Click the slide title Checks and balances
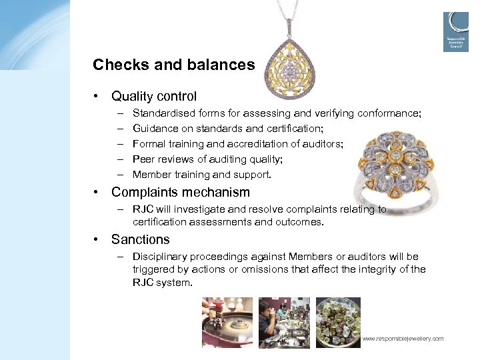tap(173, 65)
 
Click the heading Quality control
tap(154, 97)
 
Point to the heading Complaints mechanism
tap(181, 193)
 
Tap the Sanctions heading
tap(141, 239)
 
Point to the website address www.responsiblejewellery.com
tap(403, 339)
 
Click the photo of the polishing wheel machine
tap(227, 323)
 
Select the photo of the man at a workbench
tap(283, 323)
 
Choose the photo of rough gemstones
tap(338, 323)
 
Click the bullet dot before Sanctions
tap(97, 239)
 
